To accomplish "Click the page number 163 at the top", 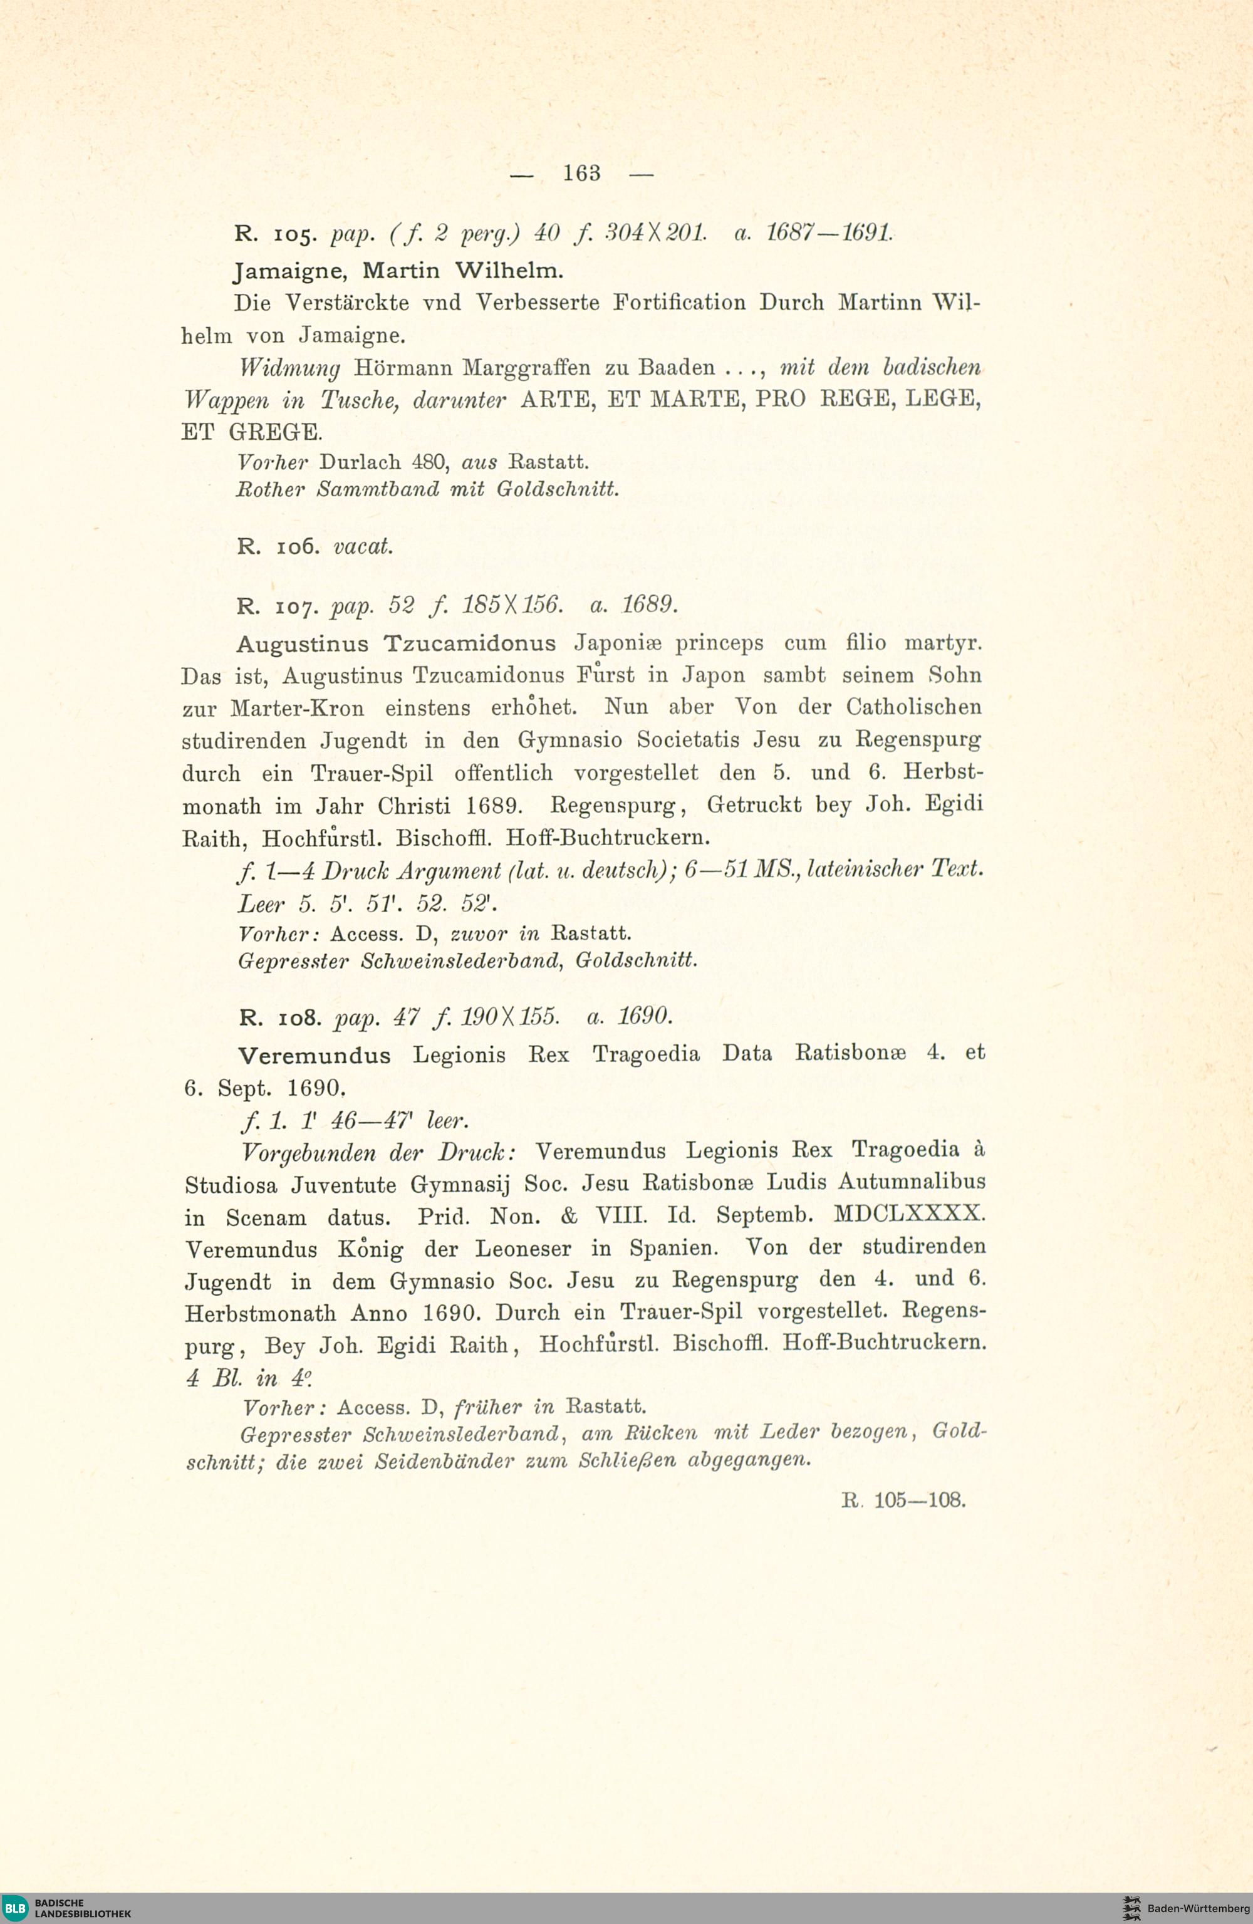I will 581,173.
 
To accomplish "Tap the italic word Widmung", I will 289,368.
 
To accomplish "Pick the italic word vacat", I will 363,546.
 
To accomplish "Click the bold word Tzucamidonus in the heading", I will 470,643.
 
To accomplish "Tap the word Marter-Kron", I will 297,708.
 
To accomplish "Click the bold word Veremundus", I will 315,1056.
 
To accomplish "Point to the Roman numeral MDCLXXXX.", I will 908,1214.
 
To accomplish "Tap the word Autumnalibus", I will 912,1181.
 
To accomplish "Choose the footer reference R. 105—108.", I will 903,1500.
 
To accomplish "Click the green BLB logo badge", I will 14,1908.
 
